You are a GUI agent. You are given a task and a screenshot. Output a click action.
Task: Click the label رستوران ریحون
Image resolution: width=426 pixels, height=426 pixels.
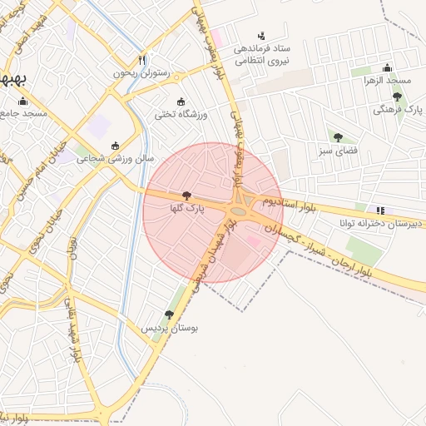click(142, 73)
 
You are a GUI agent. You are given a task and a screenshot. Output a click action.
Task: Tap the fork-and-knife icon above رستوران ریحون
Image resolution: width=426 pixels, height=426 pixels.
click(142, 60)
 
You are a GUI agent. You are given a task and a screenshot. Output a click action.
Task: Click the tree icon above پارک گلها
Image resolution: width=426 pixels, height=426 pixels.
click(185, 194)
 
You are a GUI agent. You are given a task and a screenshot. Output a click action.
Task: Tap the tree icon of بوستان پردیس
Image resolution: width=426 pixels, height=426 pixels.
click(169, 315)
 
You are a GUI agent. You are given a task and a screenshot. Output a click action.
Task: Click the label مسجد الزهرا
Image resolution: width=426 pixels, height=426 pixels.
click(386, 81)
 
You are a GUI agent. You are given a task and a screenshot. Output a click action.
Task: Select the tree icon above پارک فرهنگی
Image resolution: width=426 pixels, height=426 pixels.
click(397, 97)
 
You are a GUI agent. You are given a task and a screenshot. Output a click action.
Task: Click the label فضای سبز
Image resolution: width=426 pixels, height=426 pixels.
click(337, 151)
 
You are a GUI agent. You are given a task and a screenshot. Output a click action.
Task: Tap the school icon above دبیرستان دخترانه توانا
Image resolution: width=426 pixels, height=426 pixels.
click(380, 211)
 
